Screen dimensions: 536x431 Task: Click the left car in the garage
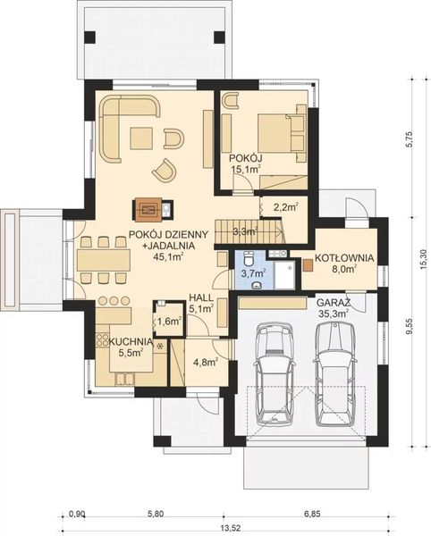click(x=274, y=373)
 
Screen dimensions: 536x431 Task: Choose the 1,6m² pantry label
click(x=168, y=321)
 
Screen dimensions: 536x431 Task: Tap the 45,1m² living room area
click(x=167, y=256)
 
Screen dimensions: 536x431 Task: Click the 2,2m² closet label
click(x=286, y=206)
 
